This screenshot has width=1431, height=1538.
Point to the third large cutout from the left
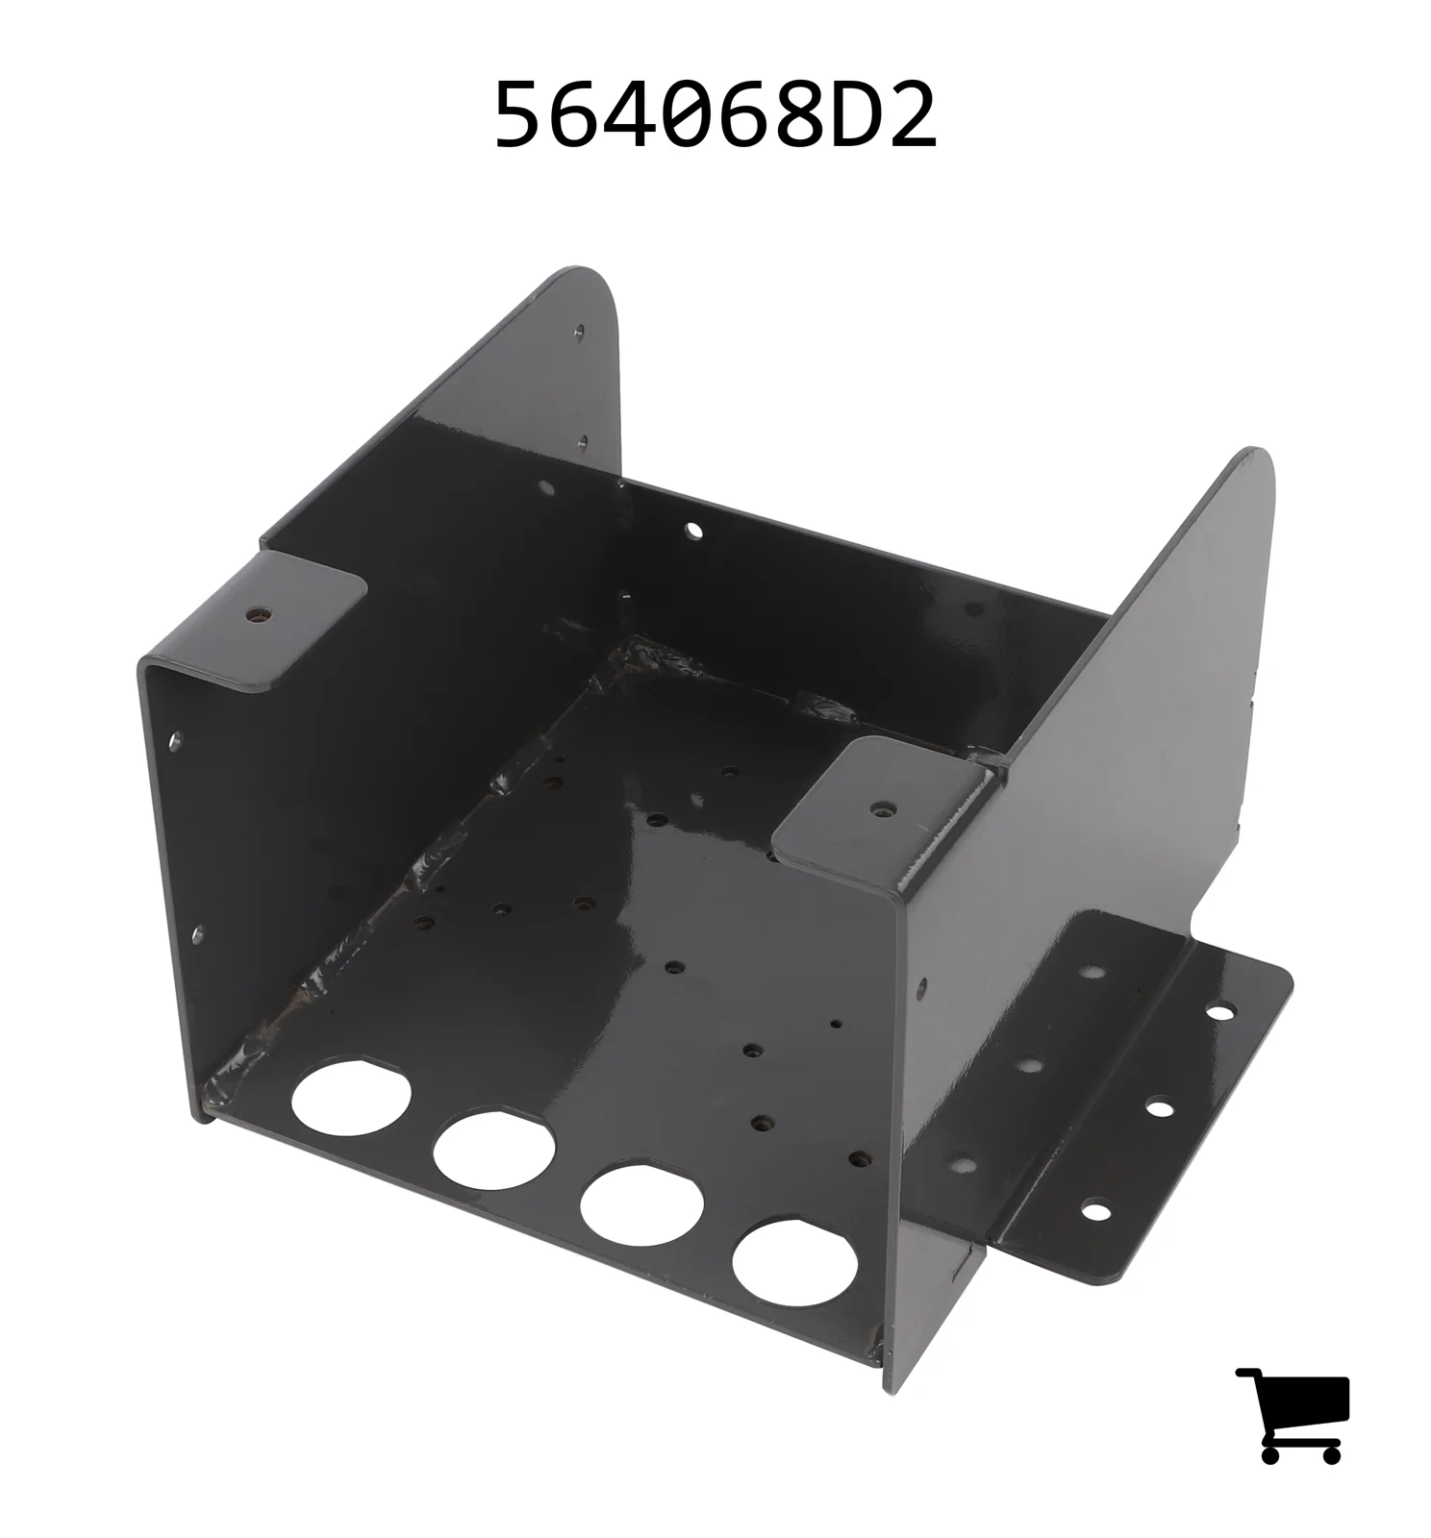coord(641,1204)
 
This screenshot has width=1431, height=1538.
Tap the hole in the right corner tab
coord(877,809)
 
